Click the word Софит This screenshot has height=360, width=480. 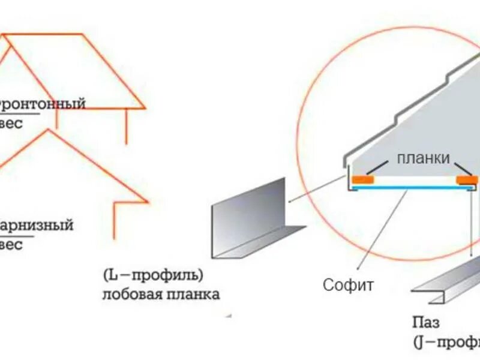tap(348, 284)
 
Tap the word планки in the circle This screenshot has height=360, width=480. tap(422, 159)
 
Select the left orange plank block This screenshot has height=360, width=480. tap(362, 179)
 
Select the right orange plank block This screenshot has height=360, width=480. tap(467, 179)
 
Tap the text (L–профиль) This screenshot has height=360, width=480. tap(153, 276)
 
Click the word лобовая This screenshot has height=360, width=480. tap(133, 295)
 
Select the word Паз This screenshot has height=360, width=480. tap(425, 322)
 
